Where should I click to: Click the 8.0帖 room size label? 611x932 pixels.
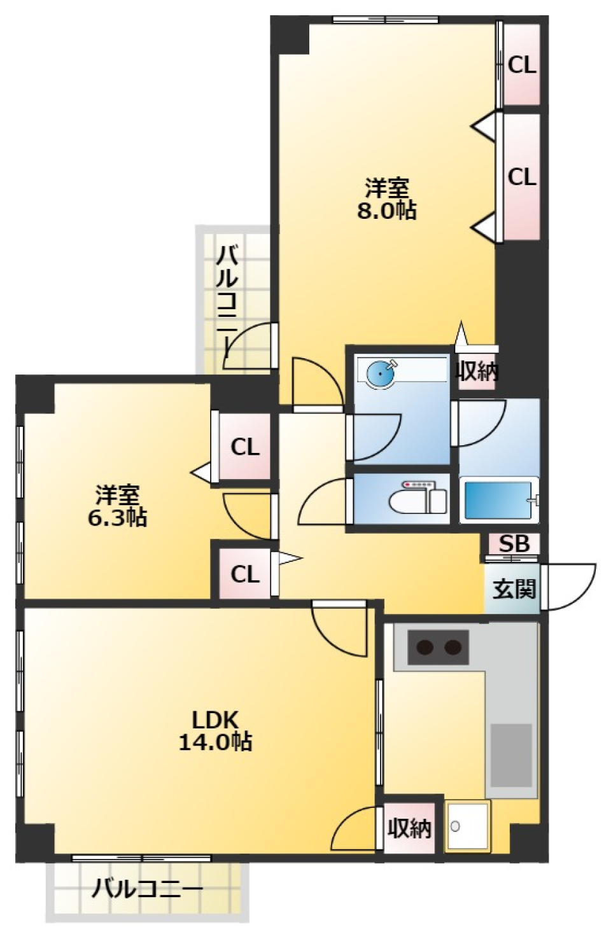[x=386, y=210]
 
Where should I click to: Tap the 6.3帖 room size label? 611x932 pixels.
[x=117, y=517]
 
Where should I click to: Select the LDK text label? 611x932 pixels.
[x=215, y=720]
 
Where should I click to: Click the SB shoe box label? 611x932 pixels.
[x=514, y=544]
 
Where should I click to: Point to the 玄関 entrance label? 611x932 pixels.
[x=514, y=589]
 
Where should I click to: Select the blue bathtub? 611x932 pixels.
[x=498, y=501]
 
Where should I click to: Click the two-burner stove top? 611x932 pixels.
[x=438, y=648]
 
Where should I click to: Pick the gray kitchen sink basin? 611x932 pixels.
[x=510, y=755]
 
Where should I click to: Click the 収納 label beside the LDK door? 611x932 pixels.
[x=409, y=828]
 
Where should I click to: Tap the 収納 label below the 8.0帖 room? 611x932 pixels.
[x=477, y=370]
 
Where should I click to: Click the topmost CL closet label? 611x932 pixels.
[x=522, y=65]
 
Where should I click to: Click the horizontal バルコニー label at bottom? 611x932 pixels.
[x=147, y=888]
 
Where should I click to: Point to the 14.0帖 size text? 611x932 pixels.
[x=215, y=742]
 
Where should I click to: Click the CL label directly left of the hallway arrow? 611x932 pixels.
[x=245, y=574]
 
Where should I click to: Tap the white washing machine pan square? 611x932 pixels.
[x=468, y=826]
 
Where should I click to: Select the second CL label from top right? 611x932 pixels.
[x=522, y=177]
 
